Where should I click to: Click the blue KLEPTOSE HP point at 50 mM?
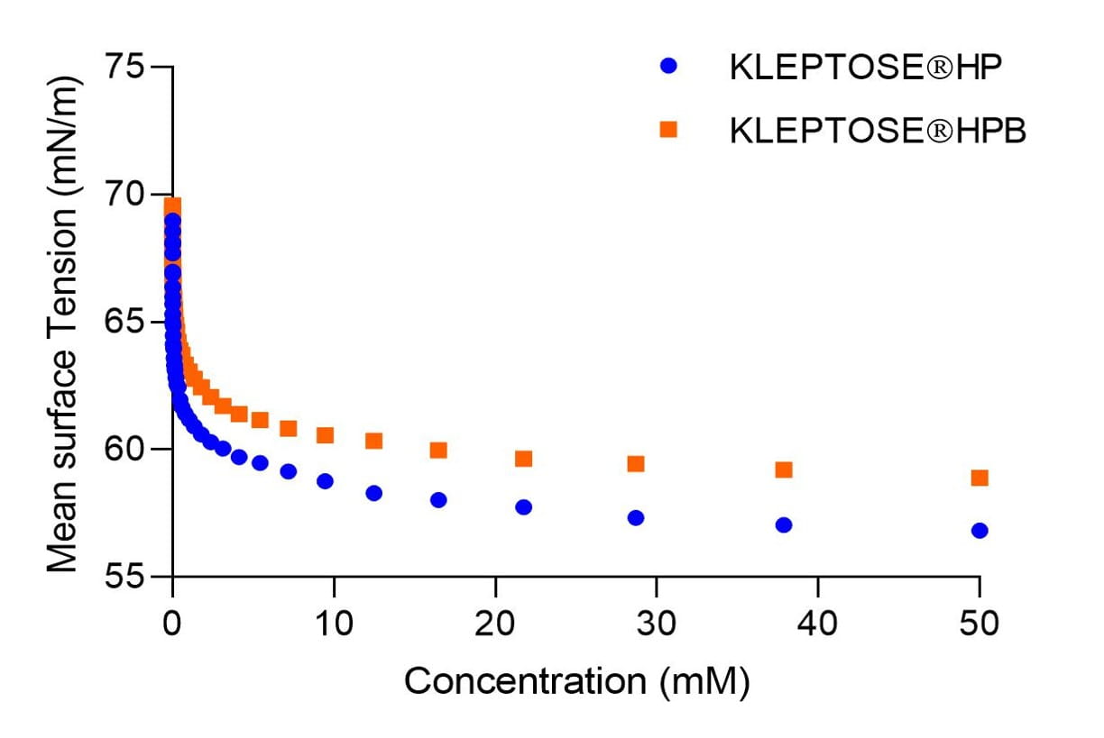point(980,531)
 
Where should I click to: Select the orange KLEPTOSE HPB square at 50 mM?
point(980,478)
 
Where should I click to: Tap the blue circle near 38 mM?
point(784,524)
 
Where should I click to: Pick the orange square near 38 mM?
point(784,469)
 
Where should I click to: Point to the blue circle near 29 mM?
point(636,517)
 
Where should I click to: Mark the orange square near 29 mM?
point(636,464)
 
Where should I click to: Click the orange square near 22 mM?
point(523,459)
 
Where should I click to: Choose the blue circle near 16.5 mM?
point(438,499)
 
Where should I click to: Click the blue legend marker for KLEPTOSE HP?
point(668,66)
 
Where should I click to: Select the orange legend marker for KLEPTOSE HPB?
point(668,130)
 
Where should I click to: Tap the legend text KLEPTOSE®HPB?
point(878,131)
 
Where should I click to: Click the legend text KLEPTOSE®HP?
point(865,68)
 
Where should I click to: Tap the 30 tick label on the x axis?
point(657,623)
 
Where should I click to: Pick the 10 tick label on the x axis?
point(334,623)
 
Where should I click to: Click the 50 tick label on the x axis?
point(979,623)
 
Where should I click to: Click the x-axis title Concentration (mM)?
point(576,681)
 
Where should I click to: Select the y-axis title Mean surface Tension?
point(63,322)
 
